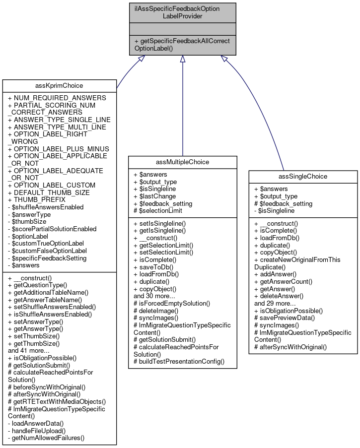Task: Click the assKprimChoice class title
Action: [x=59, y=85]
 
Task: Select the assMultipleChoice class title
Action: [x=182, y=162]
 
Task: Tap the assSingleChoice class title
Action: [x=303, y=176]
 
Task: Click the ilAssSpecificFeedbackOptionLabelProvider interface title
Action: [x=183, y=12]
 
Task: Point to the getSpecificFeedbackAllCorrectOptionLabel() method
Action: [x=183, y=45]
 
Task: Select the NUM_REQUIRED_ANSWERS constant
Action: [x=57, y=98]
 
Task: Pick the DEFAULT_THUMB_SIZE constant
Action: [x=49, y=192]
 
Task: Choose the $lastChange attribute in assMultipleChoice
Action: [x=153, y=196]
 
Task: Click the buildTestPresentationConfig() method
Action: [x=179, y=362]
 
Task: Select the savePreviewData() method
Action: [x=285, y=318]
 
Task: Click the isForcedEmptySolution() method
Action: [x=172, y=303]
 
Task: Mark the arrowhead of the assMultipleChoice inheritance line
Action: [x=183, y=59]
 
